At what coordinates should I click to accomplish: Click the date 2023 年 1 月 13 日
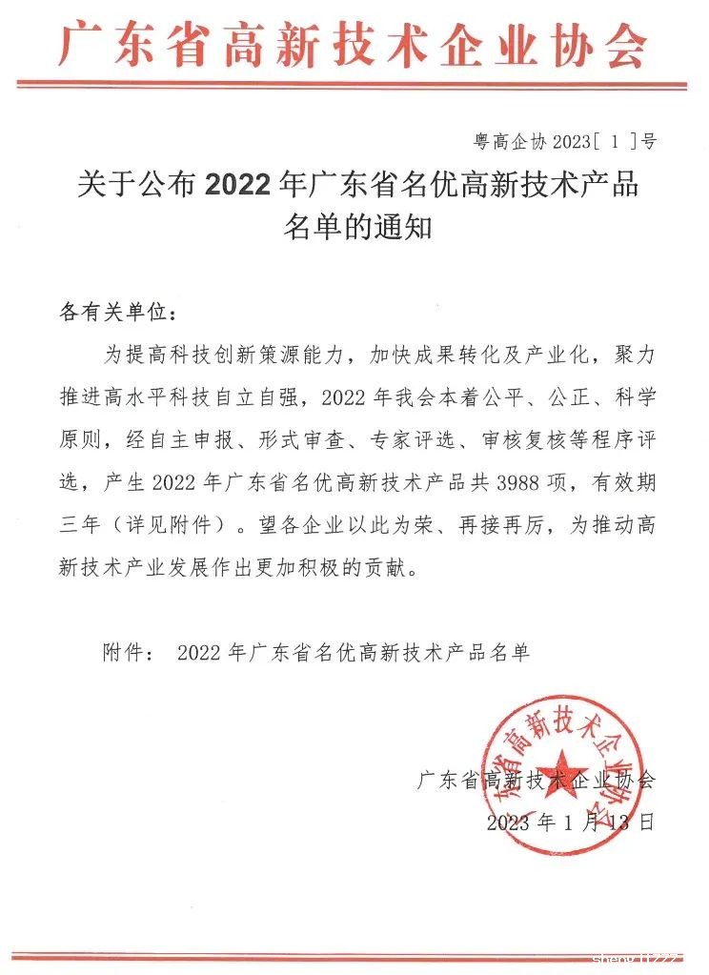[571, 823]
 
